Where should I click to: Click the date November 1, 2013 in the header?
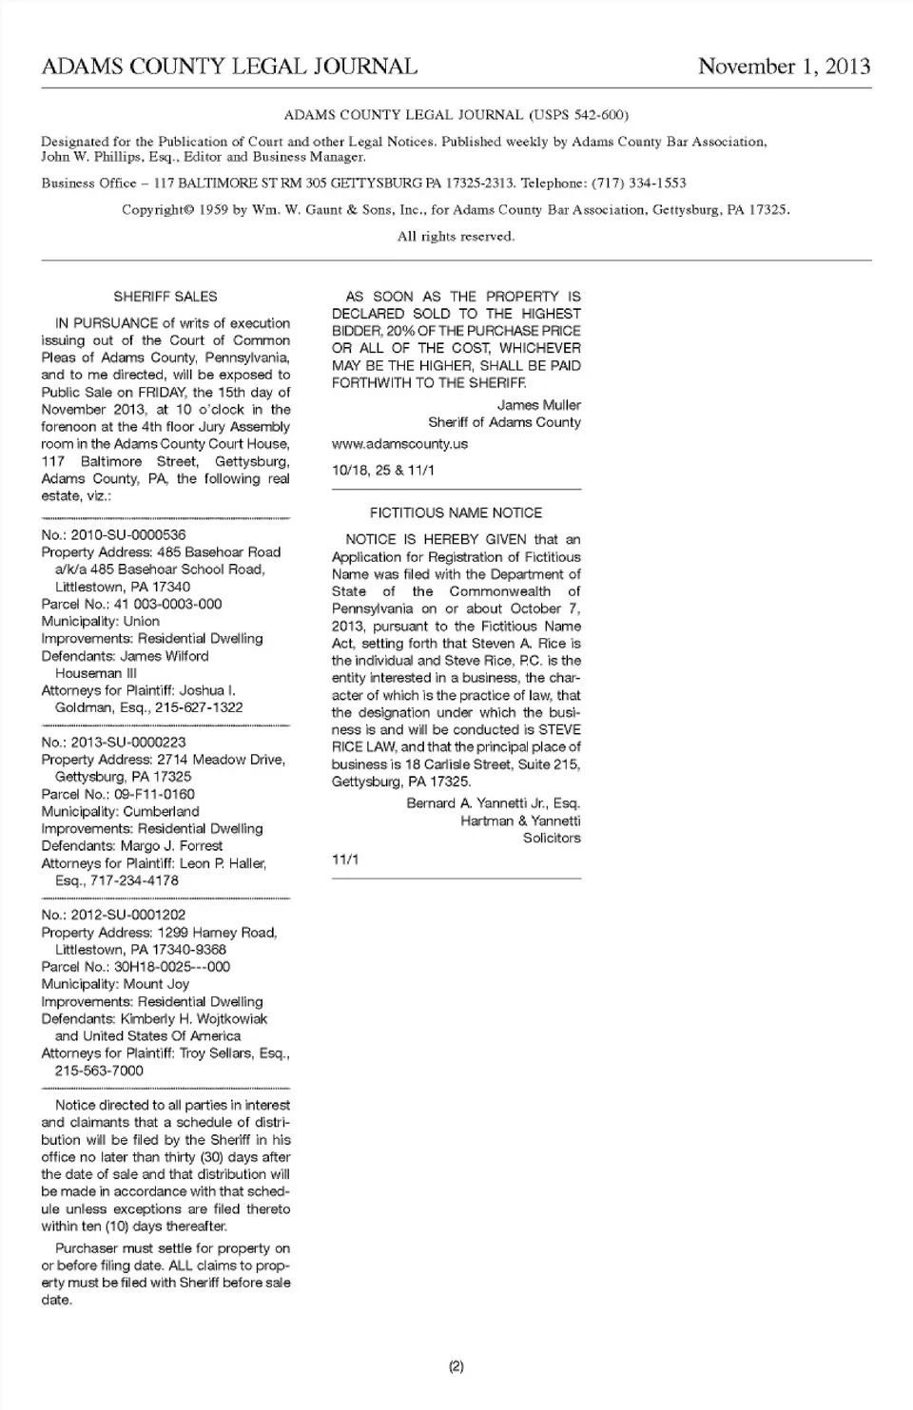click(784, 67)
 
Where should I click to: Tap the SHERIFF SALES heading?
click(165, 297)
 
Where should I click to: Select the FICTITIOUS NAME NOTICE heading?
click(456, 512)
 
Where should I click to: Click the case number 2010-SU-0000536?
click(128, 535)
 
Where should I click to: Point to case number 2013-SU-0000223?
click(128, 743)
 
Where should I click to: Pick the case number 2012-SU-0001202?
click(128, 916)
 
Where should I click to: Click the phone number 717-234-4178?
click(134, 880)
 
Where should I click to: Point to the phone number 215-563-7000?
click(99, 1071)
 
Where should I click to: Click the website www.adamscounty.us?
click(399, 444)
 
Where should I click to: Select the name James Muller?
click(538, 405)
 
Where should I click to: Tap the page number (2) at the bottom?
click(456, 1367)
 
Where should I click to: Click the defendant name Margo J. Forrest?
click(171, 846)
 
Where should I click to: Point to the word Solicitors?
click(552, 839)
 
